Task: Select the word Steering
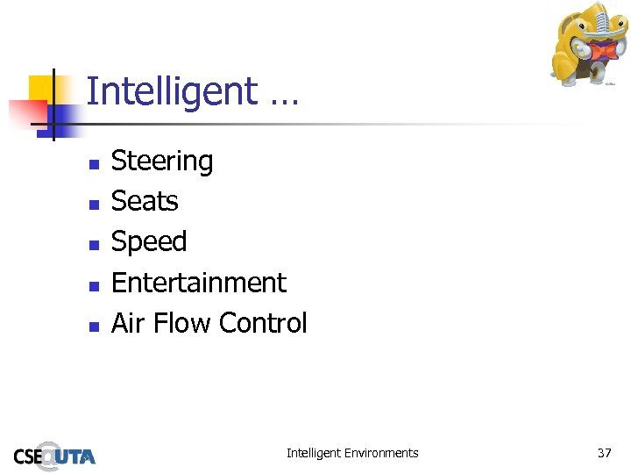tap(162, 162)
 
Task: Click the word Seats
tap(145, 201)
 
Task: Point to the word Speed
tap(149, 242)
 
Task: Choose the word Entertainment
tap(199, 283)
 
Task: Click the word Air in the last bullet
tap(128, 323)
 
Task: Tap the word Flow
tap(181, 323)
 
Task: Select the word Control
tap(263, 323)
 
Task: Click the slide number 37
tap(604, 453)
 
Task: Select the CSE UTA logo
tap(54, 454)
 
